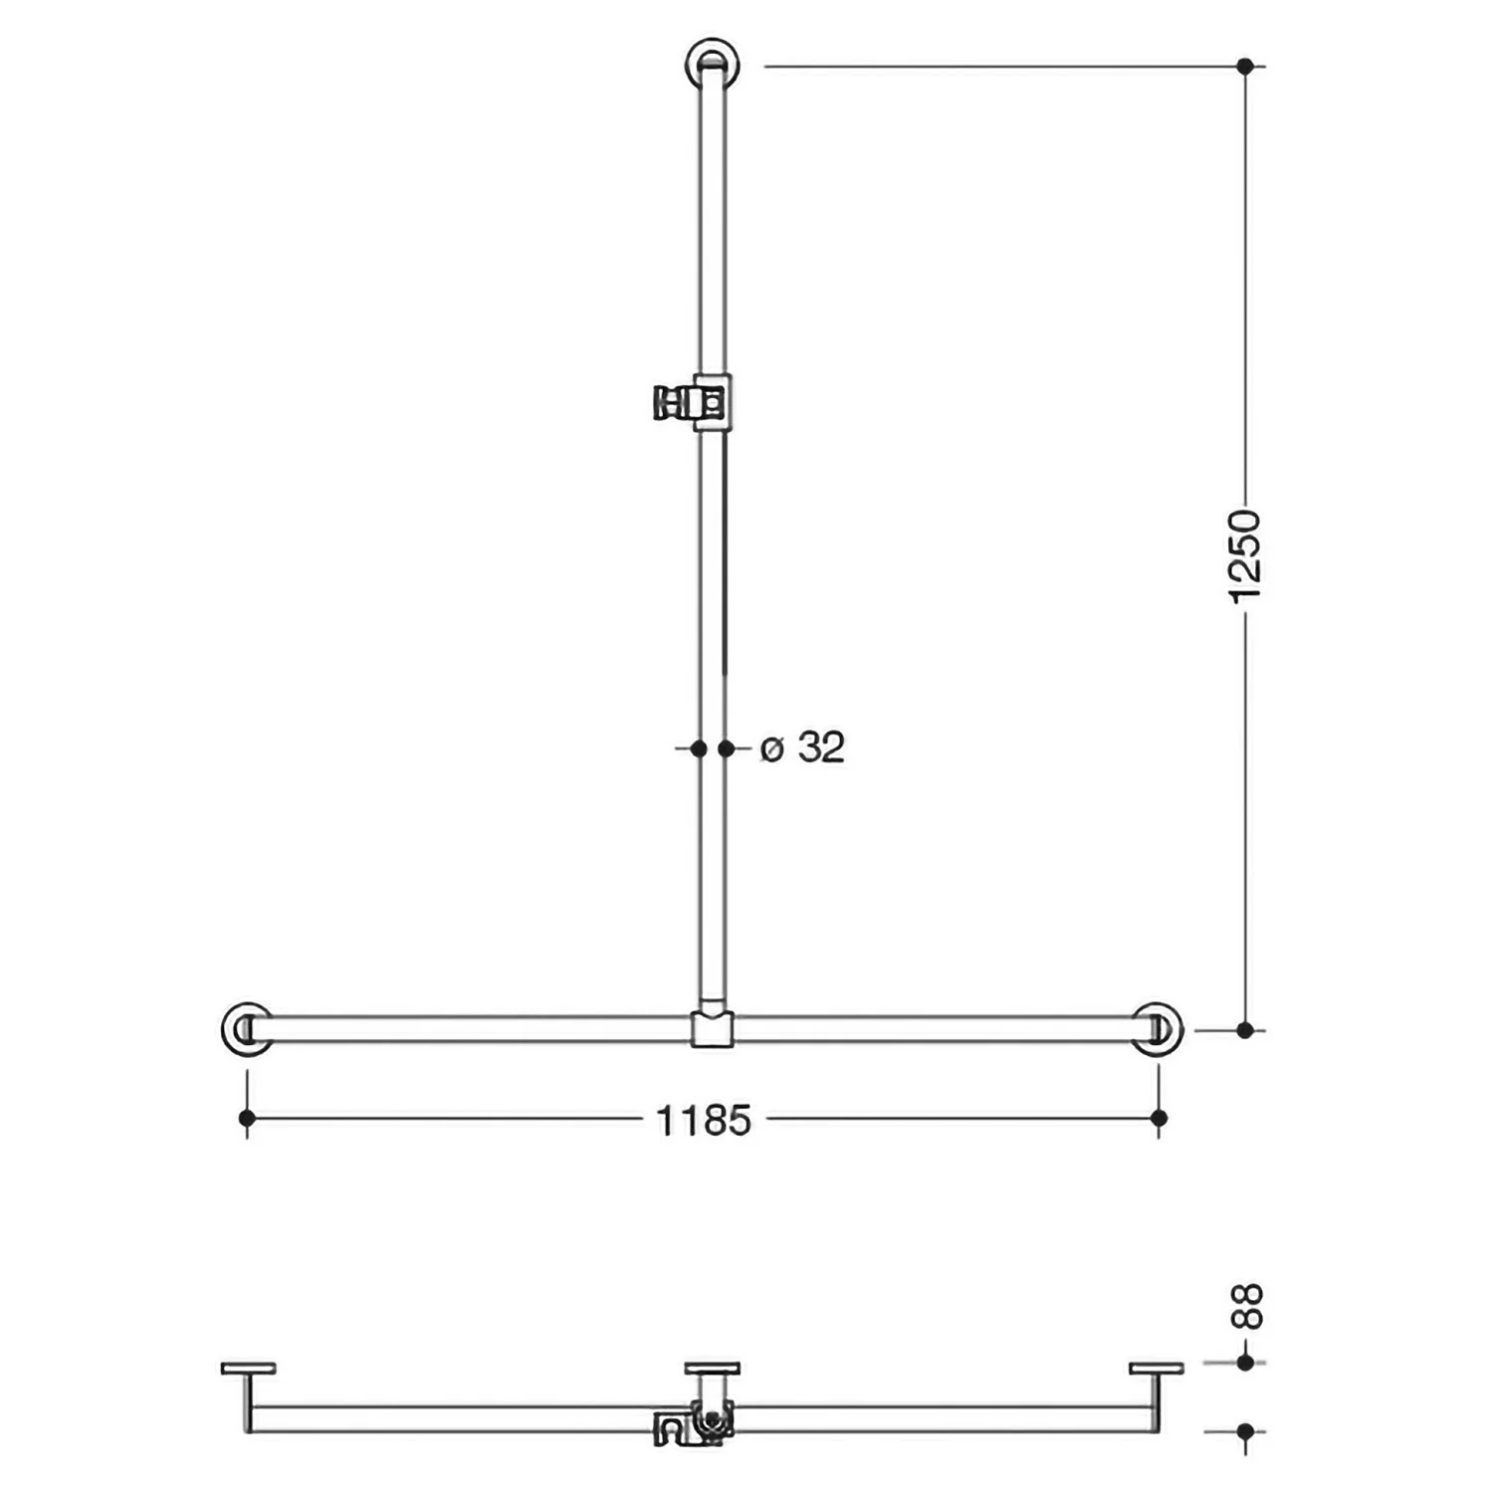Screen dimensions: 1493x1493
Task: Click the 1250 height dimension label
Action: (1244, 554)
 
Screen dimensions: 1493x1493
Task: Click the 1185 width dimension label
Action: (704, 1121)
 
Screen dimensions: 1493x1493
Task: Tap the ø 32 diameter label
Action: (802, 746)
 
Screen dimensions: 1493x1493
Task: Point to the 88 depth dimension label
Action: (1245, 1306)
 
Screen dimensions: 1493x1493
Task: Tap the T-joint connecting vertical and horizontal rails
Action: (713, 1028)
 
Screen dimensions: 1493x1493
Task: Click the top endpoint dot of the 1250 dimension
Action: (1244, 67)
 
